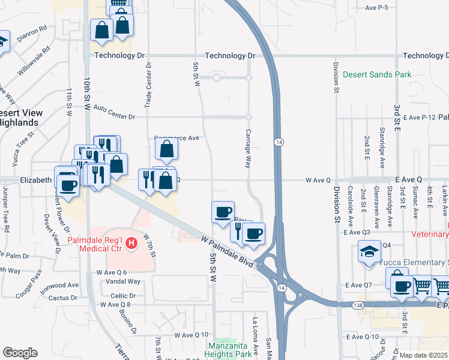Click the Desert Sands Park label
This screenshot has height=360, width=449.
(377, 75)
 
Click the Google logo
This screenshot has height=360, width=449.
(20, 353)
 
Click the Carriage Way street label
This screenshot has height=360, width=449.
(247, 148)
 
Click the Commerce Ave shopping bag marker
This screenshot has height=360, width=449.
(167, 148)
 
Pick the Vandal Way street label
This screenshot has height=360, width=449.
(122, 281)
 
